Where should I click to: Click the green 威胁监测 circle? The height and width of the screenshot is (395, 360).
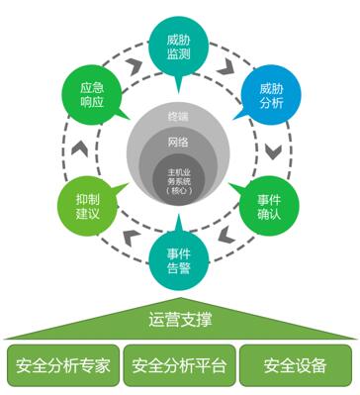pyautogui.click(x=179, y=43)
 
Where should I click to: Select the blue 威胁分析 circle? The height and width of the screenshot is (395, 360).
pyautogui.click(x=270, y=95)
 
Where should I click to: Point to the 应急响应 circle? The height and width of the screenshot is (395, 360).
pyautogui.click(x=93, y=95)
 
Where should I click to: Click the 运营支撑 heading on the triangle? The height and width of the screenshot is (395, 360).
pyautogui.click(x=179, y=319)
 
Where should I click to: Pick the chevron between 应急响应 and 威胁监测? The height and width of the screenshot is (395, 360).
pyautogui.click(x=130, y=62)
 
